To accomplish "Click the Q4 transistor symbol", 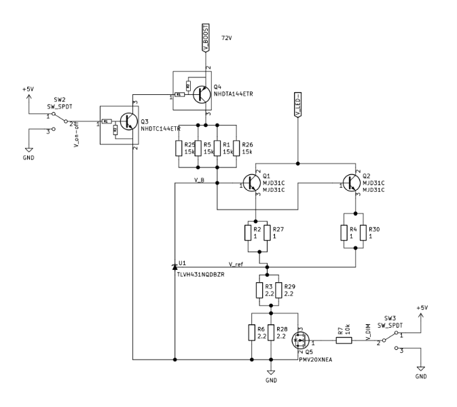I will point(199,94).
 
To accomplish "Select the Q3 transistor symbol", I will point(124,124).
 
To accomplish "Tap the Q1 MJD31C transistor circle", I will point(252,184).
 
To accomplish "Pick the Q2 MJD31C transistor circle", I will point(352,184).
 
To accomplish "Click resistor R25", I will point(179,149).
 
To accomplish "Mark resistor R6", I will point(252,332).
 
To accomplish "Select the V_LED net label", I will point(297,106).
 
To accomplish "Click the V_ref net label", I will point(236,263).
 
